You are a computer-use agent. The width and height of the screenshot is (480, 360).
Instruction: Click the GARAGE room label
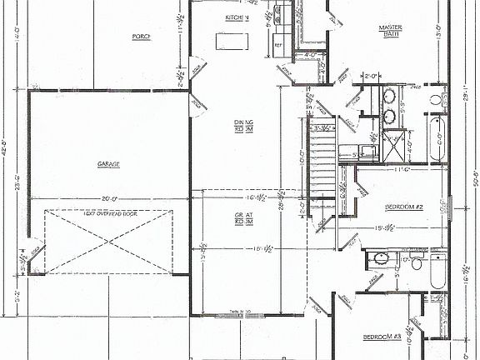107,164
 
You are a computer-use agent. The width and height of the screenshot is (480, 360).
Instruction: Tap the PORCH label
141,37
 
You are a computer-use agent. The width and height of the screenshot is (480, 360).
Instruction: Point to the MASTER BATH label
390,31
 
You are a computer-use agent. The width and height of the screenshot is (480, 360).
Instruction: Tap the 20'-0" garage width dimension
107,199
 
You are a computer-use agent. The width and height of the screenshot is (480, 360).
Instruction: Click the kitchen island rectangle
233,41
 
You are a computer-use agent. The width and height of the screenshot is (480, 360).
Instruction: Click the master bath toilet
436,100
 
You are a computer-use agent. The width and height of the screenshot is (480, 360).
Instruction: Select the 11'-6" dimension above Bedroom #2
402,169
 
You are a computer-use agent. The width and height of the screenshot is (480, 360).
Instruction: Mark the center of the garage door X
107,242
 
